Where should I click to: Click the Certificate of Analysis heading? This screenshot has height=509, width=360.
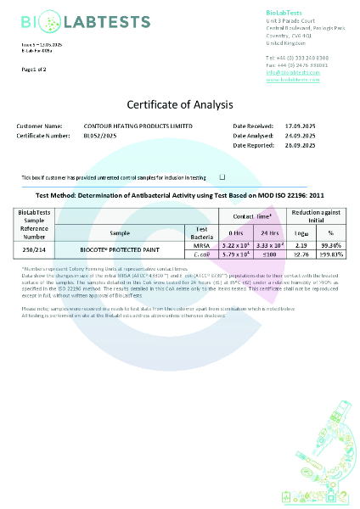pos(179,105)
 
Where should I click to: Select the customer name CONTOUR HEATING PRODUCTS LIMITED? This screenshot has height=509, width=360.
pos(138,126)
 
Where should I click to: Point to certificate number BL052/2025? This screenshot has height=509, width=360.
pos(103,136)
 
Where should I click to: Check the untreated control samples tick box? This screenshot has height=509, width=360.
pos(222,177)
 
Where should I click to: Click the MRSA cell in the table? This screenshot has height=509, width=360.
pos(201,243)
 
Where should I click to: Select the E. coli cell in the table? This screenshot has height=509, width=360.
pos(201,252)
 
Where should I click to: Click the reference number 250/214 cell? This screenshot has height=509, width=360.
pos(34,248)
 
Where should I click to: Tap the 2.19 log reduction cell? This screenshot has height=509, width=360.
pos(299,243)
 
